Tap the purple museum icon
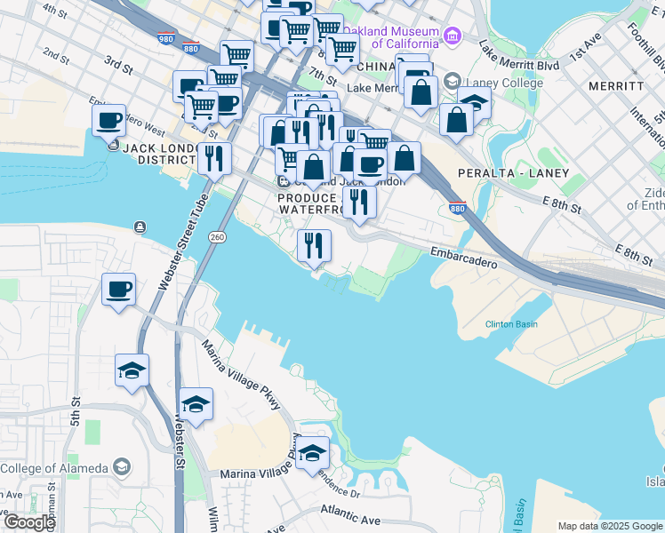pyautogui.click(x=453, y=36)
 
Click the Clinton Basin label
pyautogui.click(x=511, y=324)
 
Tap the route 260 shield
pyautogui.click(x=217, y=237)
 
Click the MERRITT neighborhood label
pyautogui.click(x=615, y=86)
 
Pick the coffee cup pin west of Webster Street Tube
pyautogui.click(x=119, y=290)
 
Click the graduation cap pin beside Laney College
pyautogui.click(x=474, y=102)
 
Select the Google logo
pyautogui.click(x=29, y=521)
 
